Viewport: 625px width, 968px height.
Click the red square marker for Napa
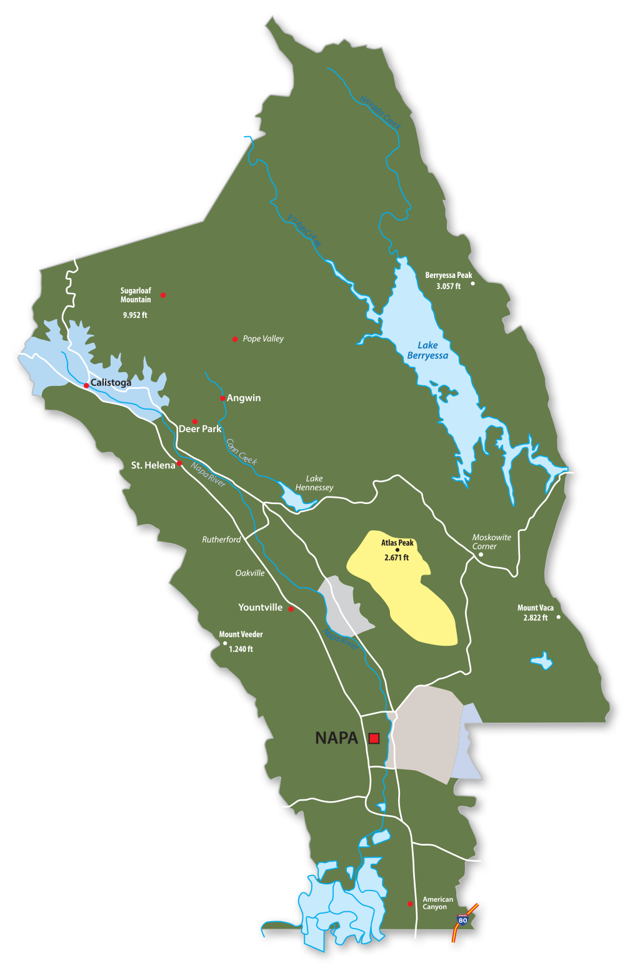coord(374,738)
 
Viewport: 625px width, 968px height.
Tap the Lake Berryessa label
coord(427,350)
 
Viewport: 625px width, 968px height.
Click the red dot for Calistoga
coord(86,385)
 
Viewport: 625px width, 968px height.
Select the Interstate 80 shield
coord(462,920)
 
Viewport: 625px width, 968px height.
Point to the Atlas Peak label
coord(397,543)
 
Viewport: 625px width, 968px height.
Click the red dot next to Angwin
coord(222,398)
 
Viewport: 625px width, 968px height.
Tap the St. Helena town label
coord(152,465)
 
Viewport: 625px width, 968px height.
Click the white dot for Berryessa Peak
coord(472,284)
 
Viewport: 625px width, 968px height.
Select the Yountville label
coord(260,607)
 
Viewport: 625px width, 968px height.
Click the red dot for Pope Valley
coord(235,339)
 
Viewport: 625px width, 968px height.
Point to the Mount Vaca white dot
coord(558,617)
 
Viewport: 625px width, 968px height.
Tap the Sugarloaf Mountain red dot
coord(163,295)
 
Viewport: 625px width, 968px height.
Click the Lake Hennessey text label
coord(314,483)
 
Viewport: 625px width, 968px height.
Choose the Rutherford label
coord(221,540)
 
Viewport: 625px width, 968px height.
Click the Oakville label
coord(250,573)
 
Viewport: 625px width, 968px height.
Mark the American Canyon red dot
coord(410,904)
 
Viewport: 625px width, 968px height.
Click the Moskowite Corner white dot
coord(481,555)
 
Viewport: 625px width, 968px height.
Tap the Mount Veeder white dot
coord(225,643)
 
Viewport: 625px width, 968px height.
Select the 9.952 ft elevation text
coord(135,315)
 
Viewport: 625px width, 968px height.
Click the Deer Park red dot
coord(195,422)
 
